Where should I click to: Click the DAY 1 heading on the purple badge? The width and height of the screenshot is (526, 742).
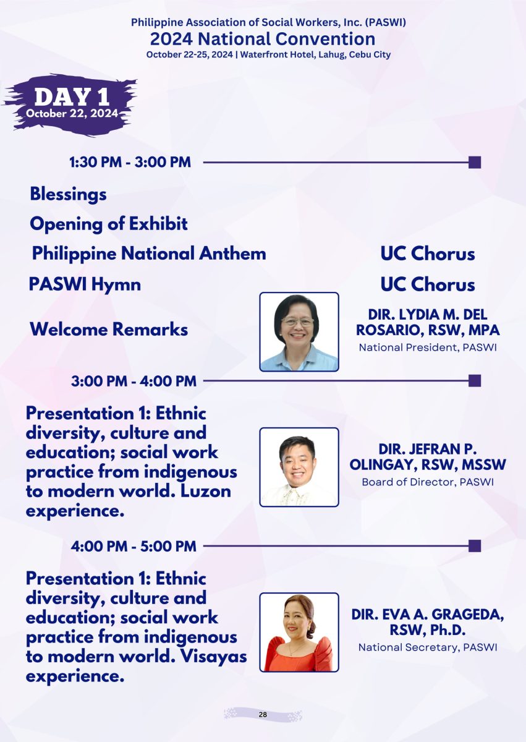[x=72, y=96]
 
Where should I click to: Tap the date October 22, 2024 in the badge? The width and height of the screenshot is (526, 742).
[x=72, y=114]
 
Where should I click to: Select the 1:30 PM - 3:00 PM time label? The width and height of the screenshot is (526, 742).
[x=130, y=162]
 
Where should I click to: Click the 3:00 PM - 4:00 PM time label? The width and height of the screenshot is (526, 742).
[x=134, y=381]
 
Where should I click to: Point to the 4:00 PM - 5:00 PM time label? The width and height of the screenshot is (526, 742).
[x=134, y=546]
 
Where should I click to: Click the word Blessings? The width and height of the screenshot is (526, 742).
[x=68, y=194]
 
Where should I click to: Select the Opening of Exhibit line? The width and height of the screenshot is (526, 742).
[x=109, y=224]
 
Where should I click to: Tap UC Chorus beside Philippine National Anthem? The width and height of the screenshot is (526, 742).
[x=428, y=254]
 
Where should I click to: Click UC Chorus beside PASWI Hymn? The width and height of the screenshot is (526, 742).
[x=428, y=284]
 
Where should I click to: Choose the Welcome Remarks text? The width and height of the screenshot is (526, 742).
[x=109, y=329]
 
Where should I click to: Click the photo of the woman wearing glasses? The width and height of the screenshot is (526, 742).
[x=299, y=332]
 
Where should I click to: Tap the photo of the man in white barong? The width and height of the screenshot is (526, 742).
[x=299, y=467]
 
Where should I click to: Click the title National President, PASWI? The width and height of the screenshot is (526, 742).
[x=428, y=348]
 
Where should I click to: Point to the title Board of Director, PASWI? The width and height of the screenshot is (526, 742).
[x=428, y=482]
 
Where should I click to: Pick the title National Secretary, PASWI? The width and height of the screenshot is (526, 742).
[x=428, y=647]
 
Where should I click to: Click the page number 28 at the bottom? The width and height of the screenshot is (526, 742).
[x=263, y=715]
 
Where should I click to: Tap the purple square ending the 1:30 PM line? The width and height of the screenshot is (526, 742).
[x=475, y=162]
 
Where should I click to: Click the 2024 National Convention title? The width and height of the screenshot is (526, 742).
[x=263, y=39]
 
